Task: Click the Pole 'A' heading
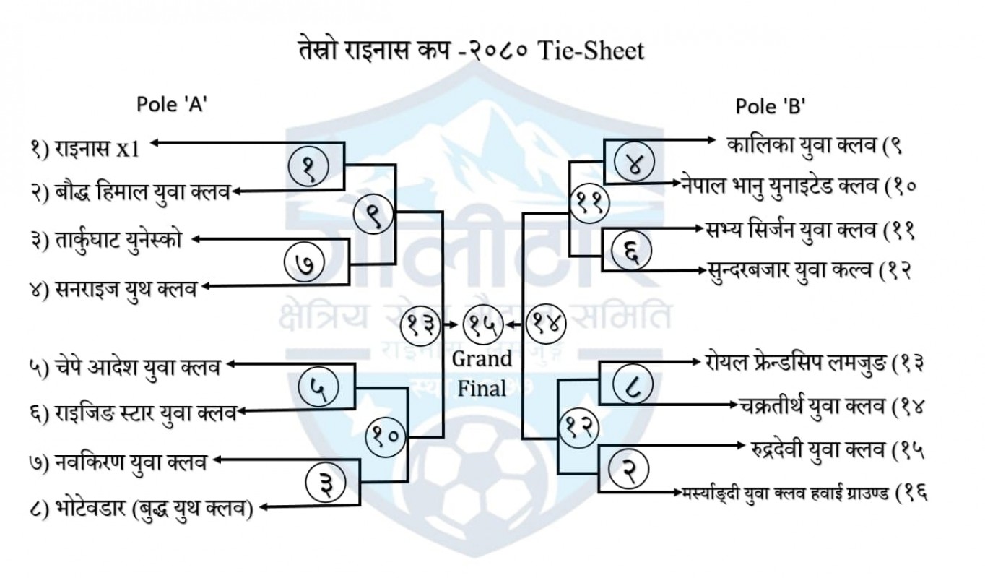(x=173, y=105)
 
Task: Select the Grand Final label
(x=482, y=373)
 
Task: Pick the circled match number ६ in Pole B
(x=632, y=253)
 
